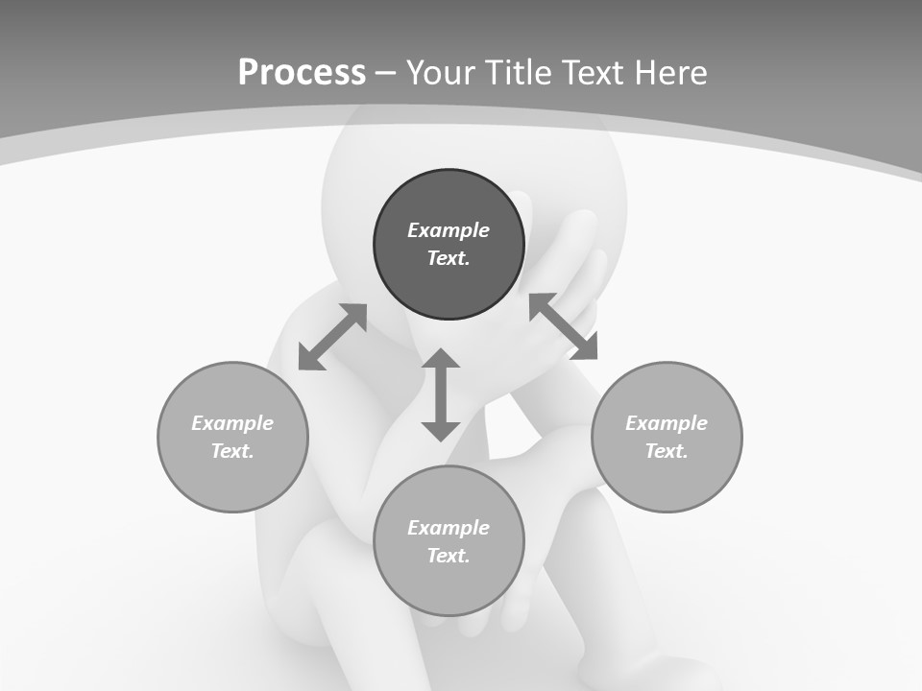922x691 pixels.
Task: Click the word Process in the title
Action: coord(302,73)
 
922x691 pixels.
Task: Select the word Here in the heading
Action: coord(670,73)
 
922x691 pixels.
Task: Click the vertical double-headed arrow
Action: coord(441,394)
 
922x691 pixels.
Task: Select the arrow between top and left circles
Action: coord(332,337)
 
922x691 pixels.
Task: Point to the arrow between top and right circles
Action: coord(564,326)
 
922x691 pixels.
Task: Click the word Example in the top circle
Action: coord(449,230)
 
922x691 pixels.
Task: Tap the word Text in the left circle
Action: coord(232,451)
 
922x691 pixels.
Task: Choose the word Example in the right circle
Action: coord(667,423)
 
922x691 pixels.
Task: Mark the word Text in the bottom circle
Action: coord(449,556)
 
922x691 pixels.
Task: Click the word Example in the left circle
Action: coord(232,423)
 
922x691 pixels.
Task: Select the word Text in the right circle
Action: coord(667,451)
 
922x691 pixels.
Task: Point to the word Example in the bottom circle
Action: coord(449,528)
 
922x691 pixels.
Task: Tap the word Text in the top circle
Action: coord(449,258)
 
